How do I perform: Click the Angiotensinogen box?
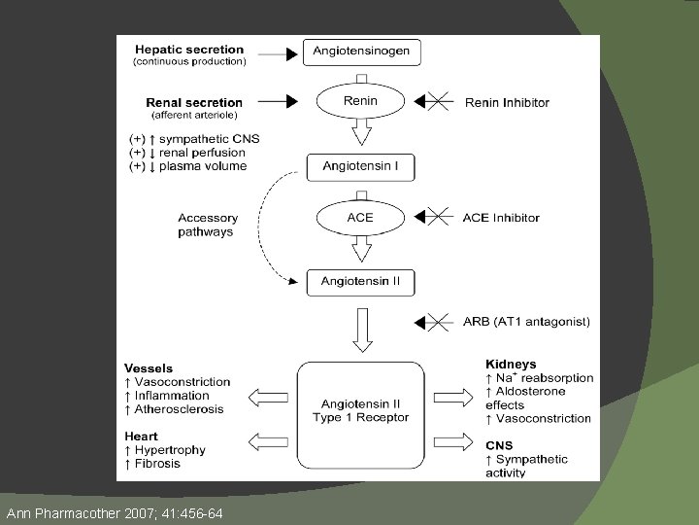pos(361,51)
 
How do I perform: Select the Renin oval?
pos(360,101)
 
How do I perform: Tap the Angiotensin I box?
pos(360,166)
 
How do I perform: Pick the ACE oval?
pos(360,217)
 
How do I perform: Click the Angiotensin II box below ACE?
pos(360,283)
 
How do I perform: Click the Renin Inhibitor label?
pos(507,102)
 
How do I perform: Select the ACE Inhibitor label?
pos(501,218)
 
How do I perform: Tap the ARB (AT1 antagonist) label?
pos(527,322)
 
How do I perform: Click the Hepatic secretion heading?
pos(189,50)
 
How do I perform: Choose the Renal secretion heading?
pos(194,102)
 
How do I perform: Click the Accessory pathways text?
pos(206,225)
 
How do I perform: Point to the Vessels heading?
pos(149,368)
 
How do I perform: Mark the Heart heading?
pos(142,437)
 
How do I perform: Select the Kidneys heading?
pos(511,365)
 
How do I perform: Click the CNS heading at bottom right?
pos(500,446)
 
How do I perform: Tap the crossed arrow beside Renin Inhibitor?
pos(435,101)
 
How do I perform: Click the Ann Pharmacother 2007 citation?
pos(115,511)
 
